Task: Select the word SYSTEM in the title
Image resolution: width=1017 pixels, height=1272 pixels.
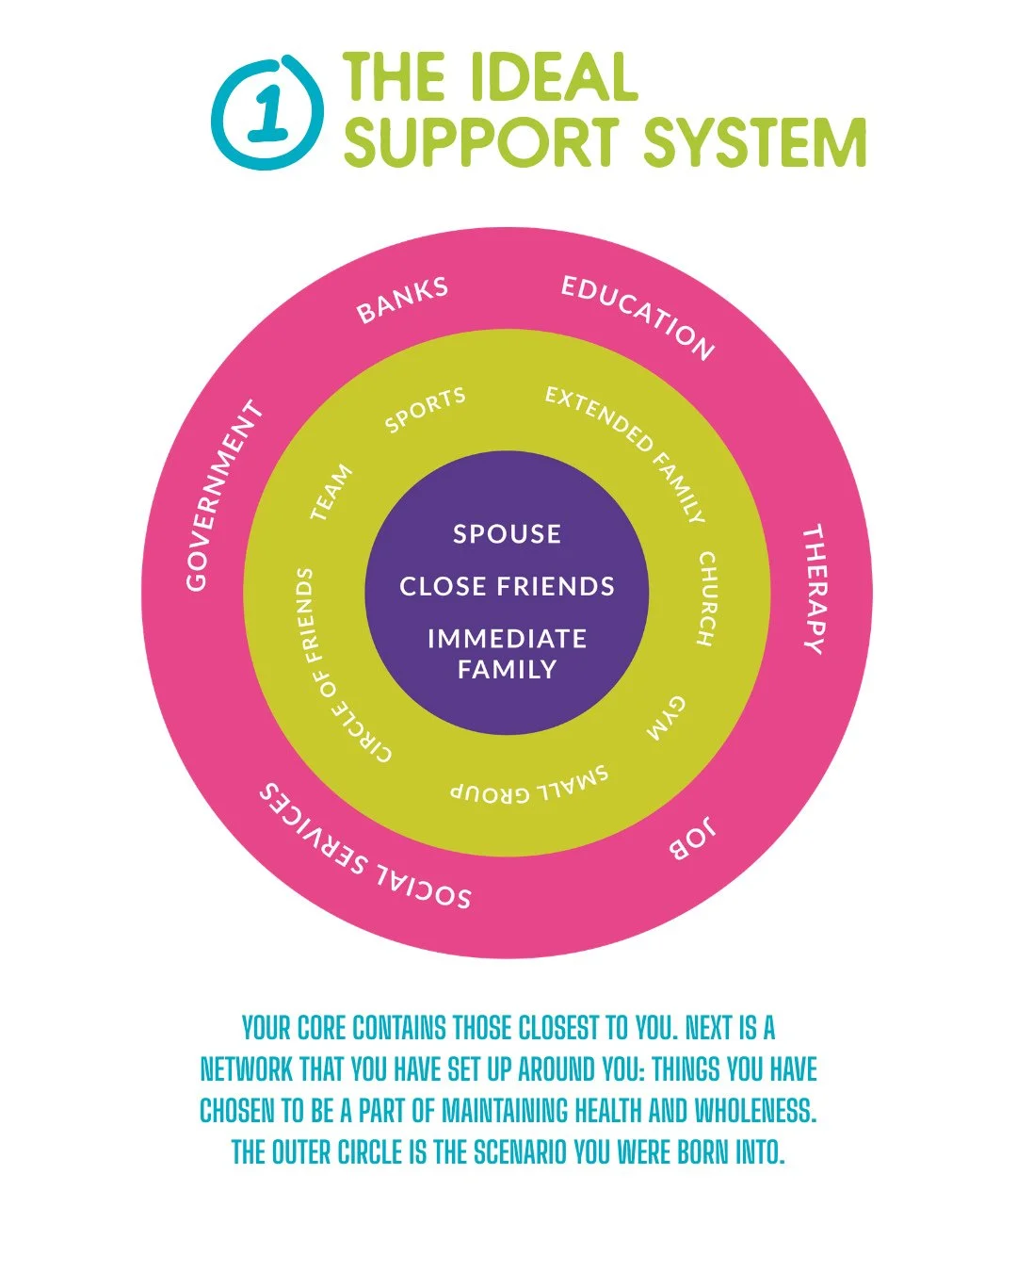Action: point(754,143)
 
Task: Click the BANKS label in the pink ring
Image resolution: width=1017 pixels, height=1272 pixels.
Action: point(402,301)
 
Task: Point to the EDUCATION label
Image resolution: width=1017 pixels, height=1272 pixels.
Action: point(638,317)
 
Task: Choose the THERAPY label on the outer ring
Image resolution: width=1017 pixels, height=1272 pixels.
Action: point(814,589)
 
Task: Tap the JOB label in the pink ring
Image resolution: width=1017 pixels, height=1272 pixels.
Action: point(693,838)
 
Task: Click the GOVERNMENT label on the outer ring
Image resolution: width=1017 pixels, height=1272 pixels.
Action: point(223,496)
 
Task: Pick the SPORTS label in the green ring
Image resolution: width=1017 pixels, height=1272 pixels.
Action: point(425,410)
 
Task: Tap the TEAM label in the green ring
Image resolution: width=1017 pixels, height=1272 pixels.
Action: point(331,492)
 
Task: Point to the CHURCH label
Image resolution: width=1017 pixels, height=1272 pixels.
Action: point(706,599)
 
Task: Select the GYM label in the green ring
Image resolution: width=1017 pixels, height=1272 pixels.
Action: point(666,719)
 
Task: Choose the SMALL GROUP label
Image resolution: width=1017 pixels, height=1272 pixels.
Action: point(529,786)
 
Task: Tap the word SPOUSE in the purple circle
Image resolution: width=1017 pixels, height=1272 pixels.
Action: point(507,534)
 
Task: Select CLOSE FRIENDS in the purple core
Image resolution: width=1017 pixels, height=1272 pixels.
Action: point(507,586)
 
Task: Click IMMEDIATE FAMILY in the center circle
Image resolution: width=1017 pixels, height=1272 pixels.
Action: point(507,654)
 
